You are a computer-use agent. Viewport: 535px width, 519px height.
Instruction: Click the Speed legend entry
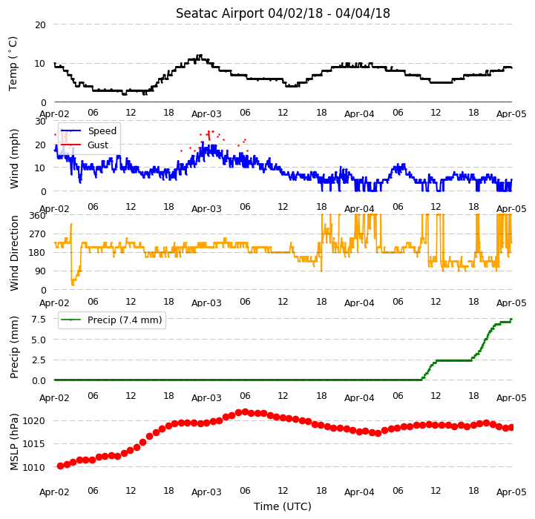(102, 131)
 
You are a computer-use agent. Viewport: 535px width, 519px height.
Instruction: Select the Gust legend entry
(98, 145)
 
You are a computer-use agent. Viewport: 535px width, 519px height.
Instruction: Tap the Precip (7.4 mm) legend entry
(125, 320)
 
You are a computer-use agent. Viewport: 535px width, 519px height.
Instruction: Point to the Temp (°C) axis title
(13, 64)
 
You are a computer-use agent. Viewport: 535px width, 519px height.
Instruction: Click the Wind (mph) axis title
(14, 159)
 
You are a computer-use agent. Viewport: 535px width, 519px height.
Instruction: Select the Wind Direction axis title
(14, 253)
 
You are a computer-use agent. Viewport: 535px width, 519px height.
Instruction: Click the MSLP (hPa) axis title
(14, 442)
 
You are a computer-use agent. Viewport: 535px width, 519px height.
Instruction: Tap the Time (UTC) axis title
(283, 506)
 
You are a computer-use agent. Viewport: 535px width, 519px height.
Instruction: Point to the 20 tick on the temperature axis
(40, 25)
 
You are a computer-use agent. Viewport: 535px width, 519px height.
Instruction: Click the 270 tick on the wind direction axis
(38, 234)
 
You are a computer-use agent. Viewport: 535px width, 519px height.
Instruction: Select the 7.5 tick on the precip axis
(39, 320)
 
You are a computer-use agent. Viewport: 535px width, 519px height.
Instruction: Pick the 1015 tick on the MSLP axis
(34, 444)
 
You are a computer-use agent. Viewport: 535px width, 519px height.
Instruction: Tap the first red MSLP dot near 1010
(60, 466)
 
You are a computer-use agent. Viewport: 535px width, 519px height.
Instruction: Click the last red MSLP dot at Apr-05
(511, 428)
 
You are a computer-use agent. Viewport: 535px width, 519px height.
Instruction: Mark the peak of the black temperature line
(200, 56)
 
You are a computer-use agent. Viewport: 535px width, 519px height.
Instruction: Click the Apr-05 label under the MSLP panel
(511, 492)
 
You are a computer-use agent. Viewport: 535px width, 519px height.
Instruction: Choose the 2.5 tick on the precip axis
(39, 360)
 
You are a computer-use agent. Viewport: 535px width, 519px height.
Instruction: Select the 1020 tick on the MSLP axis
(34, 421)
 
